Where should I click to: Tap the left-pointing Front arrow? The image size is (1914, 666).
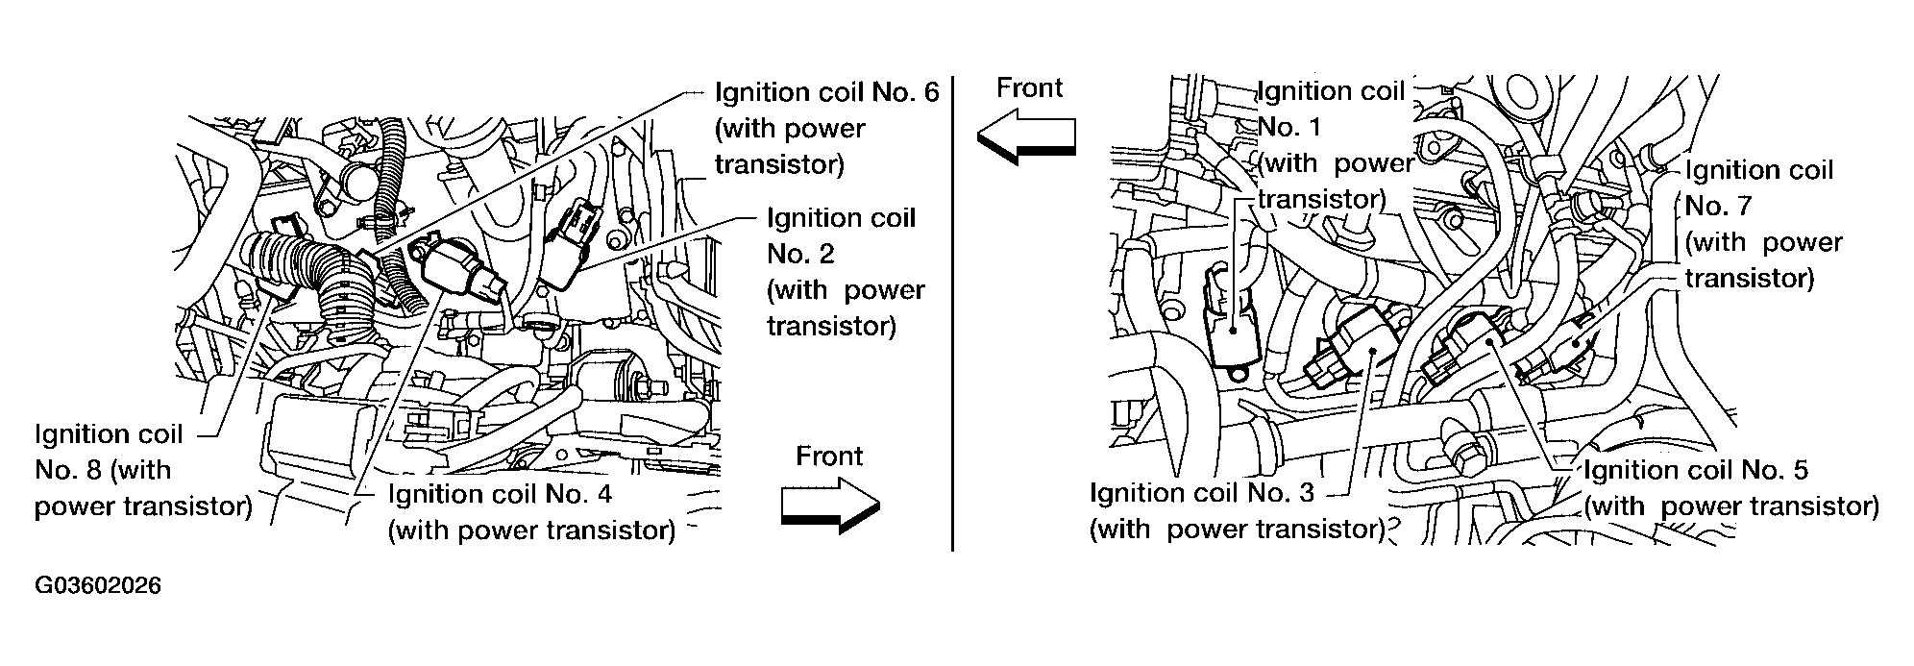click(1026, 137)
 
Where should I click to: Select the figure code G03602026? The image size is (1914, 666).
click(97, 585)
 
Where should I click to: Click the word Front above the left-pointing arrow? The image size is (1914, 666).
click(1029, 87)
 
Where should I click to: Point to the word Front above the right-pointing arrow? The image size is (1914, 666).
click(829, 456)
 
